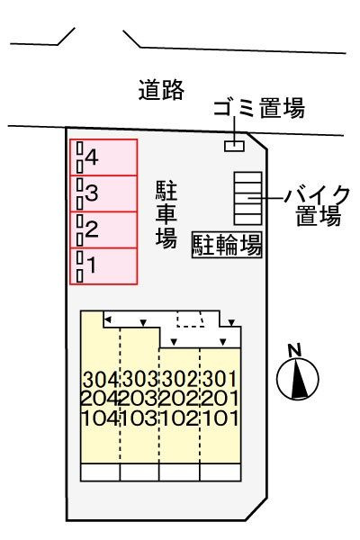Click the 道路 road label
(161, 90)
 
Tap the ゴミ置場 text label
(259, 108)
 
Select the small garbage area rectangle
(234, 146)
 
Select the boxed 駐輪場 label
(227, 245)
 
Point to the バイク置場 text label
(318, 205)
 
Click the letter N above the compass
(294, 350)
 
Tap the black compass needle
(298, 378)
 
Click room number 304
(101, 380)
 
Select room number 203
(139, 399)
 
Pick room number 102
(179, 418)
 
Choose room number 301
(220, 380)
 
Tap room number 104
(101, 418)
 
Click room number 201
(220, 399)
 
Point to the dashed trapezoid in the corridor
(191, 319)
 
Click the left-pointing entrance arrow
(107, 319)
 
